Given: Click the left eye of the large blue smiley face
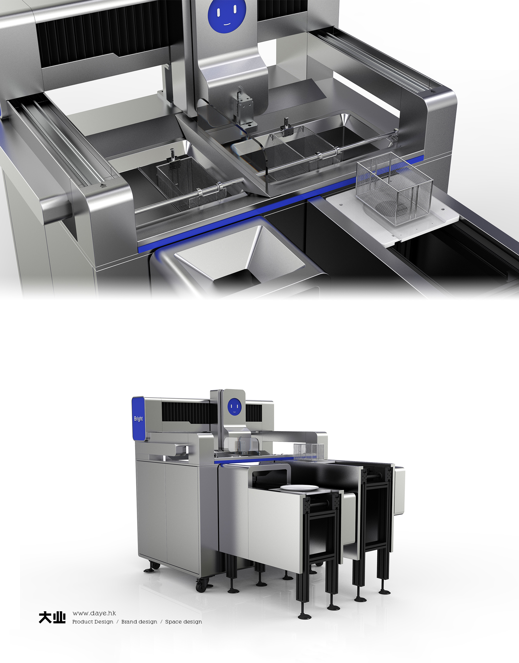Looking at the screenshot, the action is [x=219, y=11].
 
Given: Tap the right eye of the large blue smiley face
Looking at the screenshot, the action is [x=235, y=10].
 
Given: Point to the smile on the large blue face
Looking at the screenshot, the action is [x=227, y=23].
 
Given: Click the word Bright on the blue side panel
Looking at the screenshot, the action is [x=138, y=419].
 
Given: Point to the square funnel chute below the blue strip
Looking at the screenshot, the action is [x=240, y=256].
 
